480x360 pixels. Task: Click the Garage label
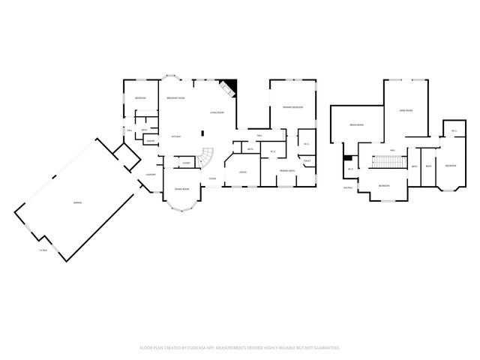pos(77,203)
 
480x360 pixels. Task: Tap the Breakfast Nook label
pos(175,98)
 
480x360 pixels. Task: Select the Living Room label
pos(217,113)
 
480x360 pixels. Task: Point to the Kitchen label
pos(176,136)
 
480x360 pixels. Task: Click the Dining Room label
pos(181,190)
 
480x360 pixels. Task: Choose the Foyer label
pos(213,178)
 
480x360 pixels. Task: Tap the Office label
pos(243,172)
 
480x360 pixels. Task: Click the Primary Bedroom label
pos(292,108)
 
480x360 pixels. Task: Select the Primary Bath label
pos(287,172)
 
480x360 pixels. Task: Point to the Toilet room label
pos(307,160)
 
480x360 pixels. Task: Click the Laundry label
pos(151,175)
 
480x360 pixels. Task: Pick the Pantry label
pos(151,141)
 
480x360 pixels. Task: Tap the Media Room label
pos(356,124)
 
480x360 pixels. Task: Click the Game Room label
pos(407,110)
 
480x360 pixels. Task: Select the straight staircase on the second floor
pos(387,161)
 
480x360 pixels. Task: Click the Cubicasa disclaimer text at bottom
pos(240,347)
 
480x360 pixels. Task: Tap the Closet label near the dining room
pos(186,163)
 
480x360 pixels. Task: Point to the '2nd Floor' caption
pos(347,187)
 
